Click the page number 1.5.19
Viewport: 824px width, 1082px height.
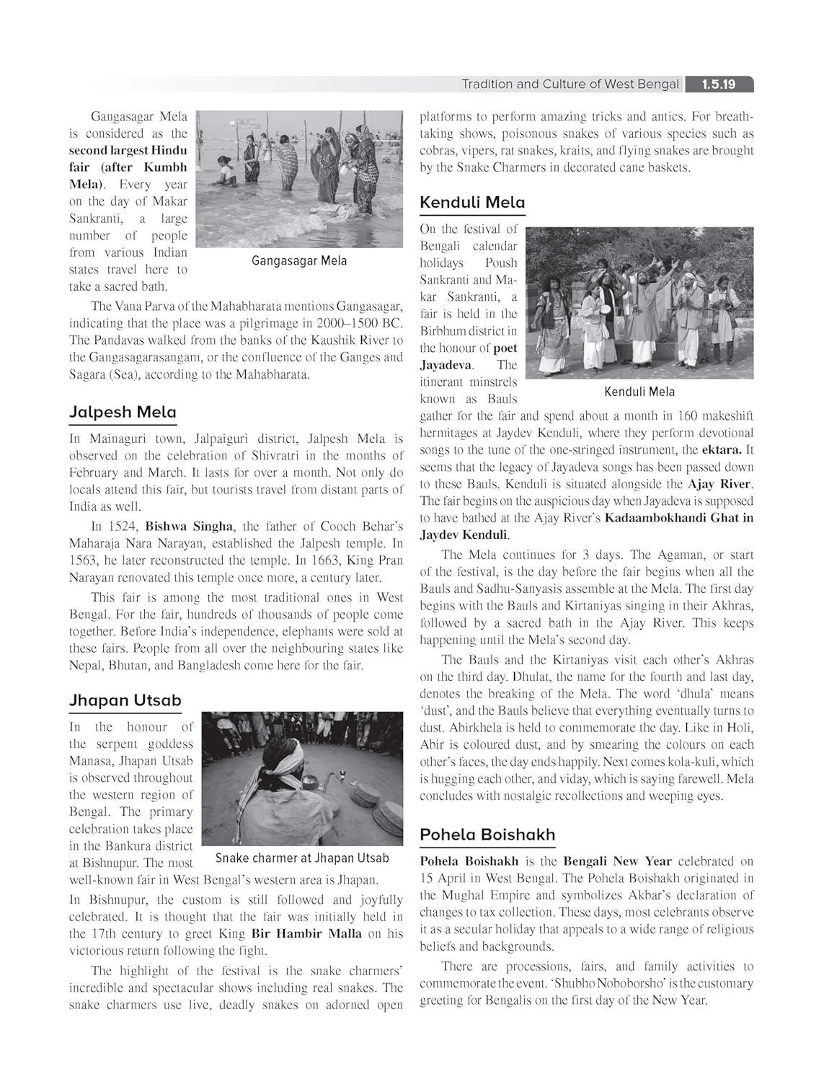click(718, 84)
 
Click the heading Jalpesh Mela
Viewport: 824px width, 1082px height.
click(123, 412)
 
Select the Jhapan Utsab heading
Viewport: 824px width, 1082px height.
click(125, 700)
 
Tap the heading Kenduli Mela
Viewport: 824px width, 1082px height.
click(472, 203)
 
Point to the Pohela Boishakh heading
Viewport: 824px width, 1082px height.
click(487, 835)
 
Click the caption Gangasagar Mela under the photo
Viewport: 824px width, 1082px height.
click(299, 260)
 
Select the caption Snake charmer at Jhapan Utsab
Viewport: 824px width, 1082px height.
click(302, 858)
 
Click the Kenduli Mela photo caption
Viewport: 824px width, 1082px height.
click(639, 392)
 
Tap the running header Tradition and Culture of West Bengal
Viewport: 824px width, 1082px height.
click(570, 84)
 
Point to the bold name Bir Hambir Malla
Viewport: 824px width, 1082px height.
click(306, 933)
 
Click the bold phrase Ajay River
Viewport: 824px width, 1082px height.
click(719, 484)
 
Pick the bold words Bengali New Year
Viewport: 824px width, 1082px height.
click(617, 861)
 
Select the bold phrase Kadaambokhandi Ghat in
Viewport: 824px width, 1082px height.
click(678, 518)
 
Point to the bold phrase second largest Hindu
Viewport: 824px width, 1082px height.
click(128, 151)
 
